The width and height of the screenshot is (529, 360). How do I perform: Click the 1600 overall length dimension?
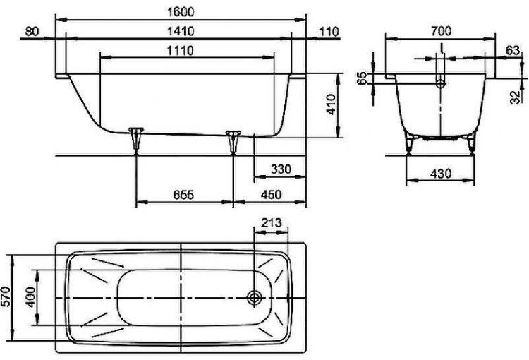[181, 12]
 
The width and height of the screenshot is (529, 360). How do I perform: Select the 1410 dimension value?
[181, 31]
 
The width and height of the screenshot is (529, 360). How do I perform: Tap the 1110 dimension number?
[181, 51]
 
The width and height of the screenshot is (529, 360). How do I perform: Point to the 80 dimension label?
[32, 31]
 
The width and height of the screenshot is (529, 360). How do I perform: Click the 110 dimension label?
[329, 31]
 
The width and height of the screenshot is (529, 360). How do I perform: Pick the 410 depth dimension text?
[332, 104]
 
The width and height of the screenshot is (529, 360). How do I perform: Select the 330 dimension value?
[281, 169]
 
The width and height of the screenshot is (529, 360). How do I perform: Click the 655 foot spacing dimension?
[183, 195]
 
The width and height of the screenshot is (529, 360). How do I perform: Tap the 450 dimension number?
[272, 195]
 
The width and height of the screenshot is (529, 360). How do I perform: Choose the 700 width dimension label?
[441, 31]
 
